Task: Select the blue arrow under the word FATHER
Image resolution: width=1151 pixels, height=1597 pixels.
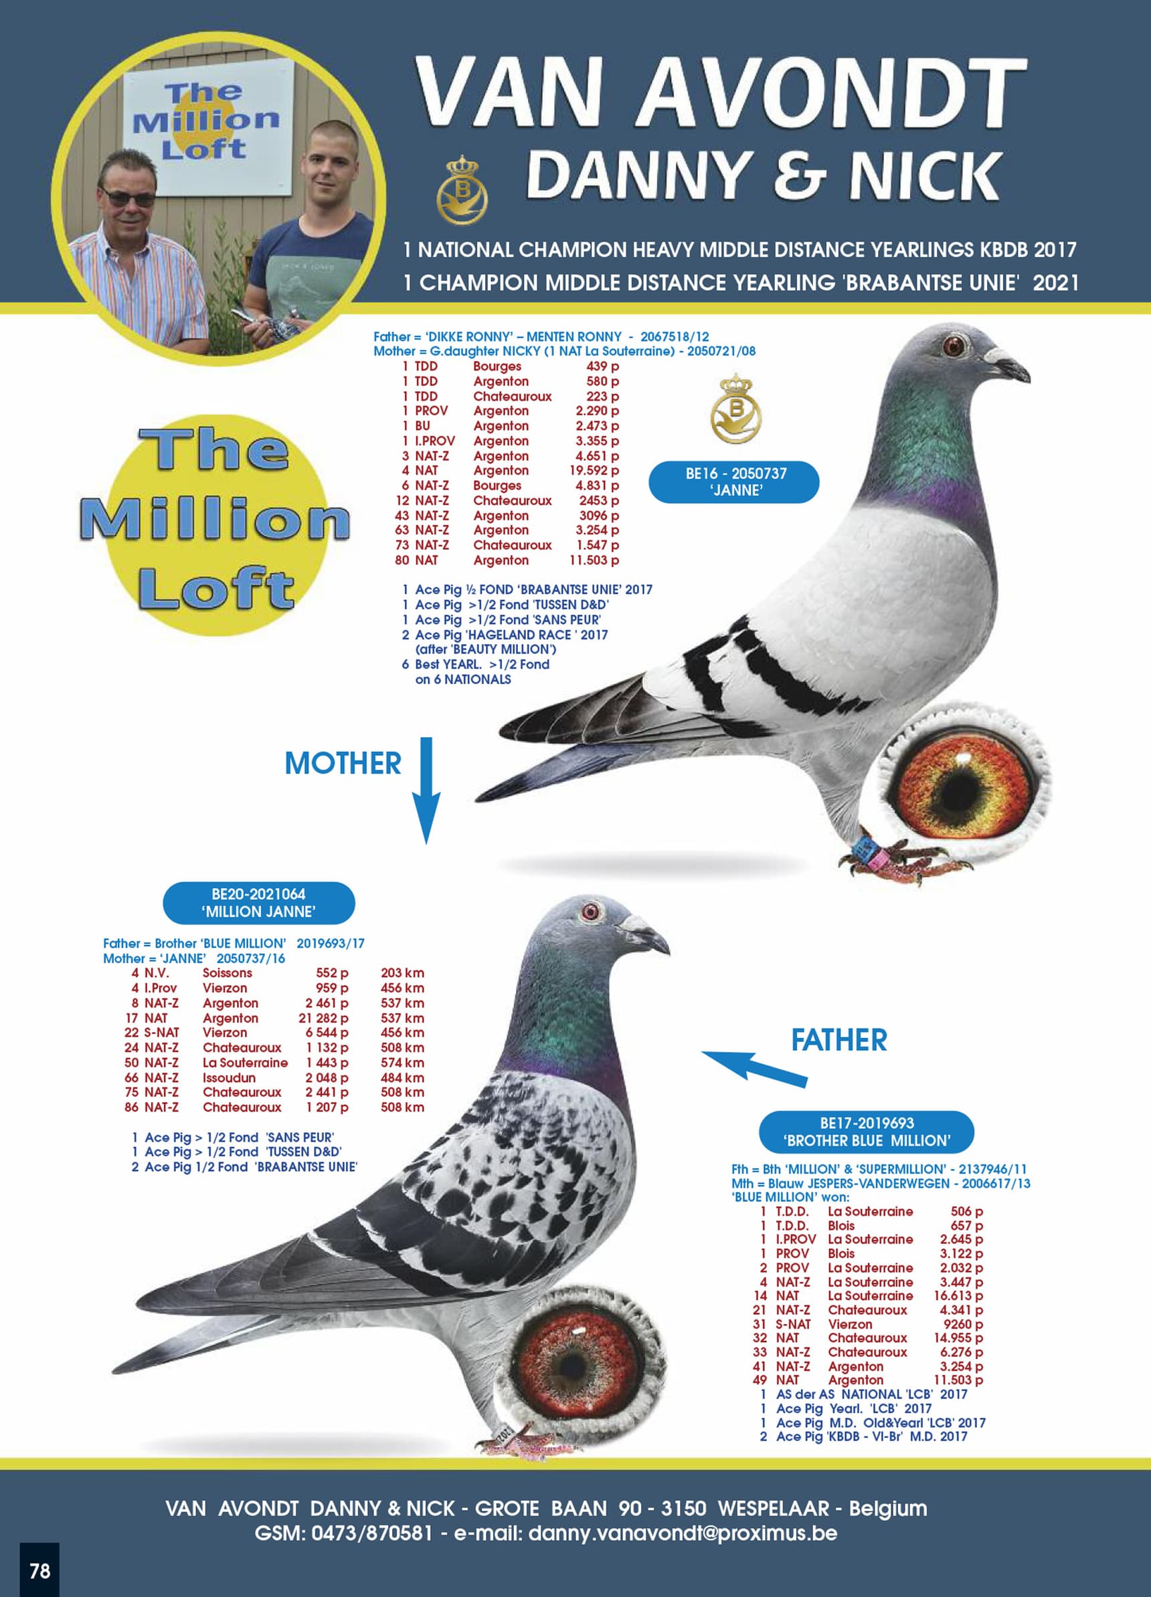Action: (x=754, y=1066)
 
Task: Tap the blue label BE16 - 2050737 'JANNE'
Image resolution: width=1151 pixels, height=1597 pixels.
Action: (x=734, y=482)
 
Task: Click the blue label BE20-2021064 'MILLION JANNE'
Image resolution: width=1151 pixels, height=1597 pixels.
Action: (x=258, y=903)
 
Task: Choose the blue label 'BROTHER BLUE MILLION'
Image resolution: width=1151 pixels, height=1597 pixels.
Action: (x=866, y=1132)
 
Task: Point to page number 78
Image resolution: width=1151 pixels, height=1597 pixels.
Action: (x=39, y=1570)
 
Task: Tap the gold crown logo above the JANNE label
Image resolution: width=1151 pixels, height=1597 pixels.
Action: (x=735, y=408)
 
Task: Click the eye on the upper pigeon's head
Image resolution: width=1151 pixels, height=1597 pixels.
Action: (x=954, y=346)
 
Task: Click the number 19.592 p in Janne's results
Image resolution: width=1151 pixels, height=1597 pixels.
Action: (x=594, y=470)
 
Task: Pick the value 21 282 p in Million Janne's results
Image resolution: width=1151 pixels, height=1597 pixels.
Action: (x=323, y=1019)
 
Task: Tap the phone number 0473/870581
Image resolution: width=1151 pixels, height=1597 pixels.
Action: (x=372, y=1533)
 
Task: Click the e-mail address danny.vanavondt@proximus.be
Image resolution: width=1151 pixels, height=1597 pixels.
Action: (x=682, y=1533)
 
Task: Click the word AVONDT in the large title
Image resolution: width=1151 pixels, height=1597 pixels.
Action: (x=831, y=93)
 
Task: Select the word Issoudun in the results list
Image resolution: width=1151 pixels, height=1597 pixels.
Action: (x=229, y=1078)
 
